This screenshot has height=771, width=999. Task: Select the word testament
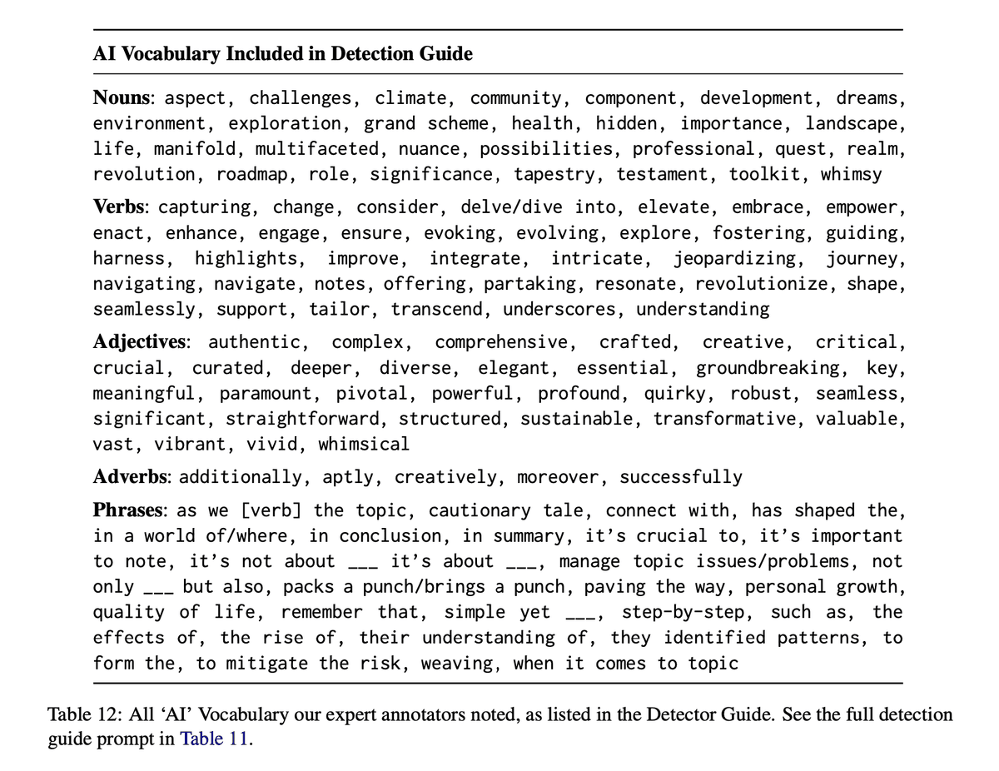pos(656,175)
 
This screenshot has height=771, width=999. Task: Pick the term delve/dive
pos(507,206)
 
